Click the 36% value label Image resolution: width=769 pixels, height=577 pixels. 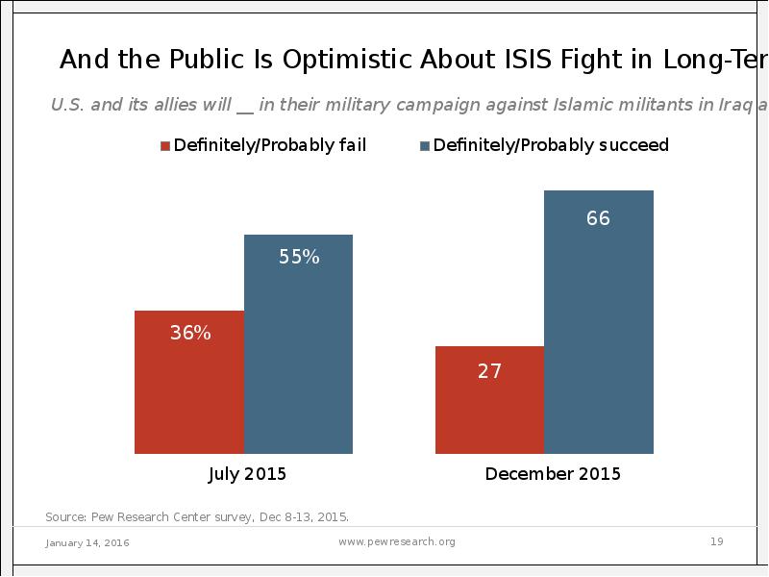pos(189,334)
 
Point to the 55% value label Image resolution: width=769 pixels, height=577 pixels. pos(299,257)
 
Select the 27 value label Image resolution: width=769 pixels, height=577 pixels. pos(489,371)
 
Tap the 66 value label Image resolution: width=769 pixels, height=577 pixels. pos(598,218)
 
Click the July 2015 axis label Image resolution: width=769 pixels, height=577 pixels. pos(247,474)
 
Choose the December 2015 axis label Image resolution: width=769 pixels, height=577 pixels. pos(553,474)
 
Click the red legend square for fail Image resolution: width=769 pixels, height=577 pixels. pos(165,146)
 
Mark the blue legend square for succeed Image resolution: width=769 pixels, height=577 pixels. pos(424,146)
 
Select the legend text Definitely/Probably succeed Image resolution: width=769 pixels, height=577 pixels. pos(551,146)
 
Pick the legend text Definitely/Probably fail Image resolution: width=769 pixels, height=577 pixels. pos(270,146)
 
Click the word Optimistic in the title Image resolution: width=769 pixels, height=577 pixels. pos(348,60)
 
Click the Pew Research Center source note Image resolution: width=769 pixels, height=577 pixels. pos(197,516)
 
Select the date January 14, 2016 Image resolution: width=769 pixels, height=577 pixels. pos(87,543)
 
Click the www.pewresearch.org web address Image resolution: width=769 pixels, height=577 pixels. pos(398,542)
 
